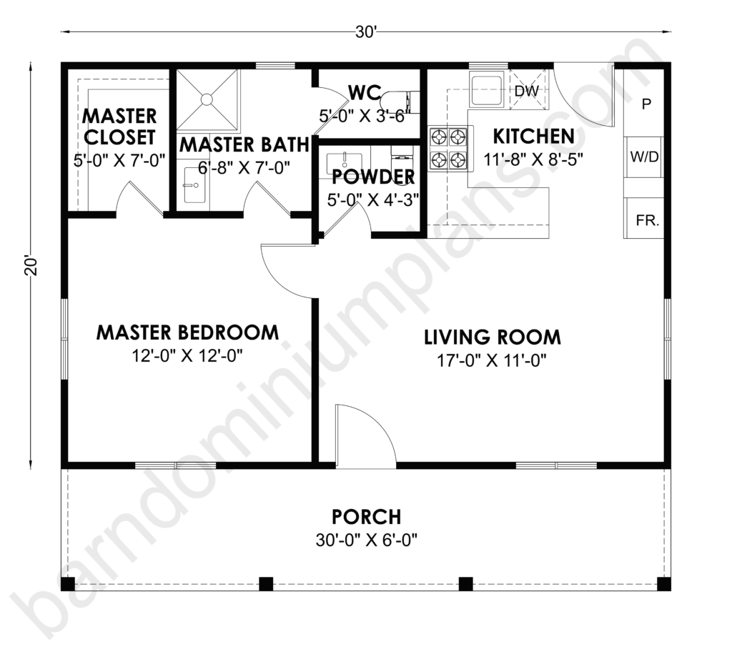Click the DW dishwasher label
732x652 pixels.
(526, 91)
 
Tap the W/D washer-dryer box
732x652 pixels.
(644, 157)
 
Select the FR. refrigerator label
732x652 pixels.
(648, 220)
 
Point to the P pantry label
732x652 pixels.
(646, 104)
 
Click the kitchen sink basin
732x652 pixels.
(487, 90)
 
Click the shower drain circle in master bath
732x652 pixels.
(206, 99)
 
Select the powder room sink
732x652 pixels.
(344, 161)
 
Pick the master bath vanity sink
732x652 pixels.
(194, 185)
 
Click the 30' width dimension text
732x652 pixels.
(365, 32)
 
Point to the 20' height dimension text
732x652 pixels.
(31, 265)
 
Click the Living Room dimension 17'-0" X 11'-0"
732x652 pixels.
(492, 360)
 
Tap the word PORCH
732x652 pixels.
(367, 517)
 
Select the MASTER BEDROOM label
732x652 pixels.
(188, 332)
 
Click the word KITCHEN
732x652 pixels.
(533, 137)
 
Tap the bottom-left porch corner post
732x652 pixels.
(68, 584)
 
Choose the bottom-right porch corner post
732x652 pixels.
(664, 584)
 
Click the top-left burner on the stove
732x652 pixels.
(440, 137)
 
